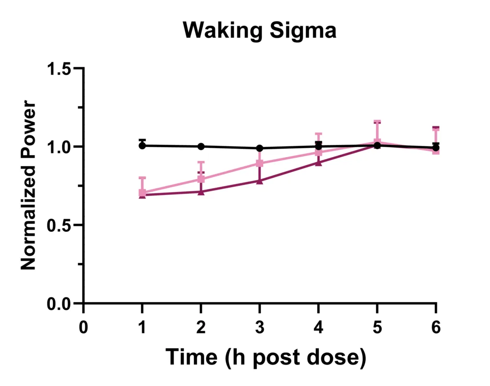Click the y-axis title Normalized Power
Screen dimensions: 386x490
coord(29,185)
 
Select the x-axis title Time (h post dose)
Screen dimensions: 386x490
coord(266,357)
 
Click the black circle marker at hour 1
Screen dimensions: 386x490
coord(142,146)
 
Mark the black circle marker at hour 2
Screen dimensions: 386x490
coord(201,147)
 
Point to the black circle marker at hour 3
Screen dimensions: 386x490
coord(259,148)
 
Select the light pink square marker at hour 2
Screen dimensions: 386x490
coord(201,180)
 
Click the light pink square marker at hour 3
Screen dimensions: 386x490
coord(259,163)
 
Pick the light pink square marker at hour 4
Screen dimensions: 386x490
coord(318,152)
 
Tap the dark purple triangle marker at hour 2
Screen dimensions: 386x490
coord(201,192)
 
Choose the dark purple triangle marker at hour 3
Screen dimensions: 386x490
coord(259,181)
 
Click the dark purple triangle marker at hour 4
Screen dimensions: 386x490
coord(318,163)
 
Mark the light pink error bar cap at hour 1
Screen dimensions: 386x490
coord(142,178)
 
